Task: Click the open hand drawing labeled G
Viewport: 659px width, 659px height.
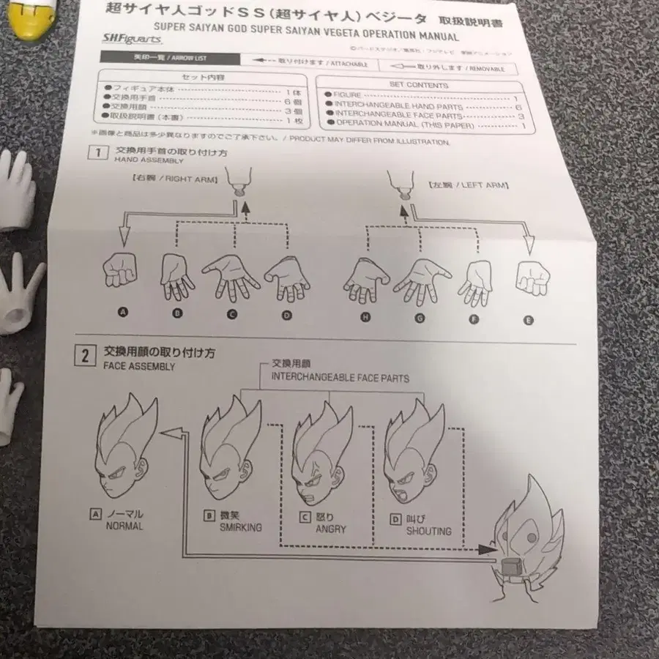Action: pyautogui.click(x=420, y=280)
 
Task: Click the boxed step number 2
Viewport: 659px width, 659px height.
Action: pyautogui.click(x=86, y=356)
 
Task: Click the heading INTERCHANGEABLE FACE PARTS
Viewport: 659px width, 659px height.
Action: pyautogui.click(x=340, y=378)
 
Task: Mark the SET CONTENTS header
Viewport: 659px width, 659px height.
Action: pyautogui.click(x=418, y=85)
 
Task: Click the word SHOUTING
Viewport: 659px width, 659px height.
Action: pyautogui.click(x=428, y=531)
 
